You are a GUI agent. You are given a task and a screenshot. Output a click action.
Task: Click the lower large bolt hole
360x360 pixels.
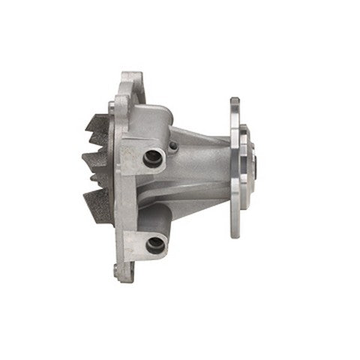155,243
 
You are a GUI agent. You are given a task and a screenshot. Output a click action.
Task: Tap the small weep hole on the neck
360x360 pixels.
175,146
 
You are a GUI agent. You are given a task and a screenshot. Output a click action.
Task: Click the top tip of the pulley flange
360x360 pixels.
235,102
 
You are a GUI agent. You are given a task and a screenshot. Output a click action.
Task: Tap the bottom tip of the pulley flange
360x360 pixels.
235,233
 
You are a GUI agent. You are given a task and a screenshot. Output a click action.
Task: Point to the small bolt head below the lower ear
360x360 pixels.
118,271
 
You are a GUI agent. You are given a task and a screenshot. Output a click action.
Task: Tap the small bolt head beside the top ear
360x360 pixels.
112,105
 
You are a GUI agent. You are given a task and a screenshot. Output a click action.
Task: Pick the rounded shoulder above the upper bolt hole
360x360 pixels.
153,120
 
